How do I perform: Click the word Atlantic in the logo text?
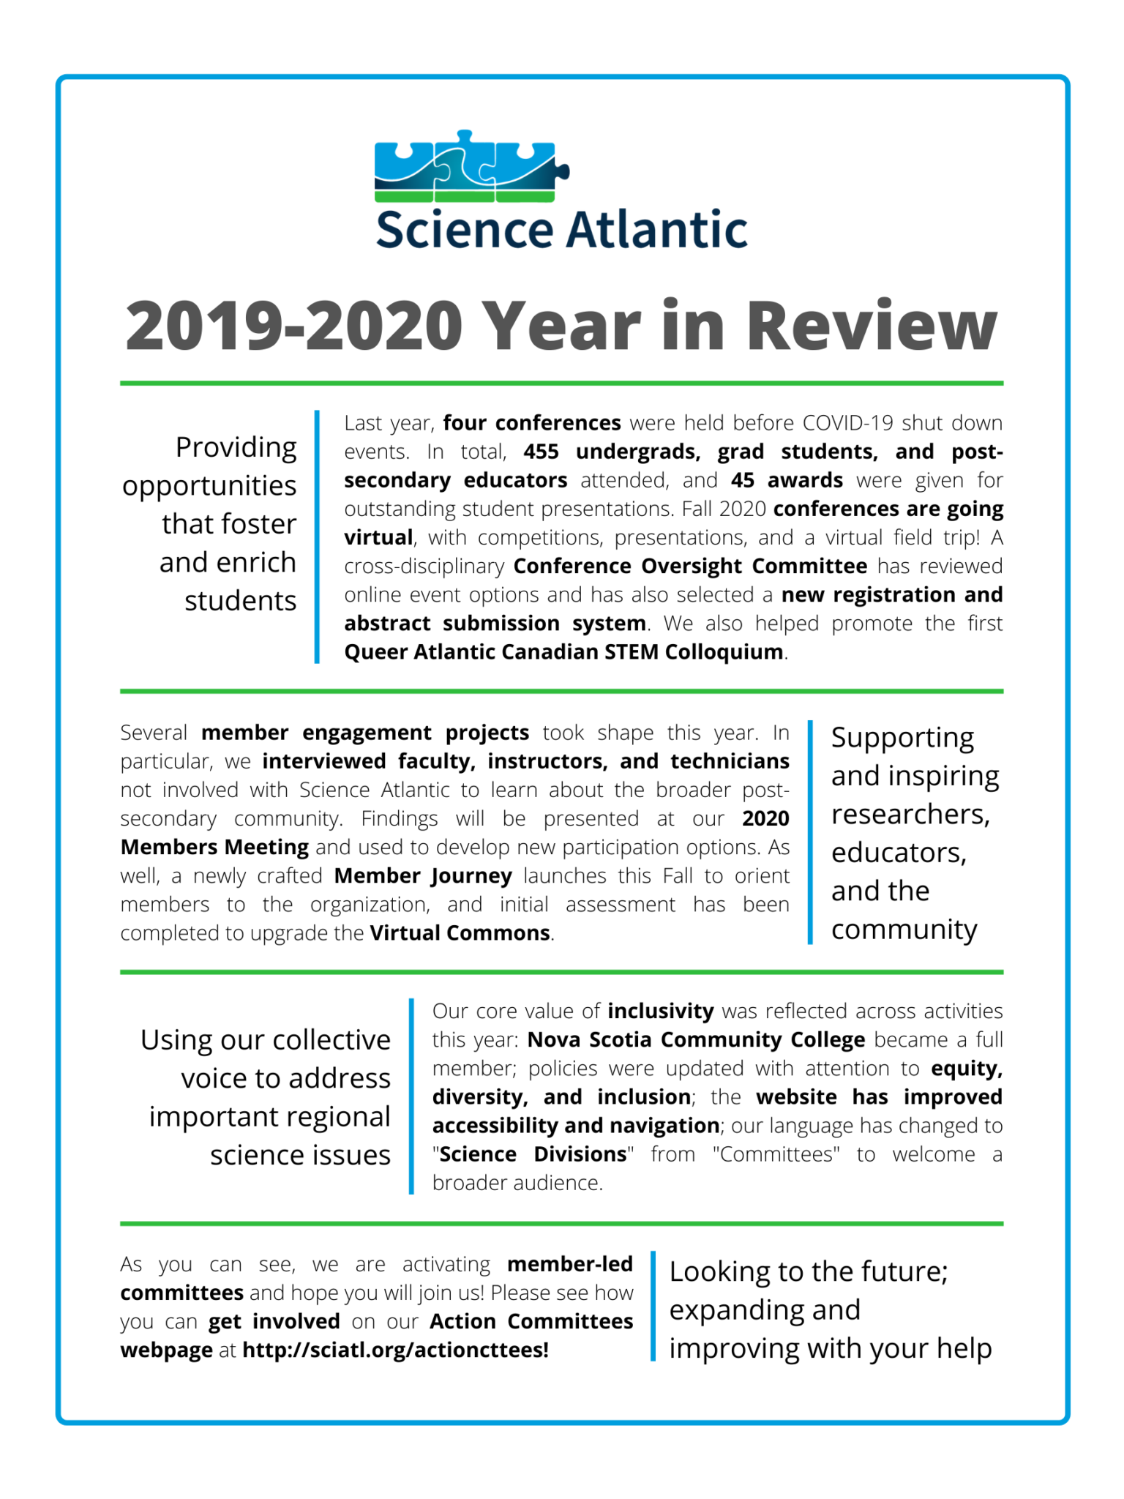click(656, 230)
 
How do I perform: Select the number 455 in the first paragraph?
click(541, 452)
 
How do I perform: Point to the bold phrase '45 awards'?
click(787, 480)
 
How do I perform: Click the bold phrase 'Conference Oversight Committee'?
click(690, 566)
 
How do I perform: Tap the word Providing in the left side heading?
click(236, 447)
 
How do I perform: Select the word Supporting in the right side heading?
click(902, 738)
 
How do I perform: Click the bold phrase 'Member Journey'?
click(423, 876)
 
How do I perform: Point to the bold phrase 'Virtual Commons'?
click(460, 933)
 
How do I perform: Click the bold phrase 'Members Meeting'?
click(214, 848)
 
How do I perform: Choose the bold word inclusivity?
click(660, 1012)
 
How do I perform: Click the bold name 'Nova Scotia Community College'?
click(696, 1040)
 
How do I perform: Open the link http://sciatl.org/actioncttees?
click(395, 1350)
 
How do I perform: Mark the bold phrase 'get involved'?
click(274, 1321)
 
